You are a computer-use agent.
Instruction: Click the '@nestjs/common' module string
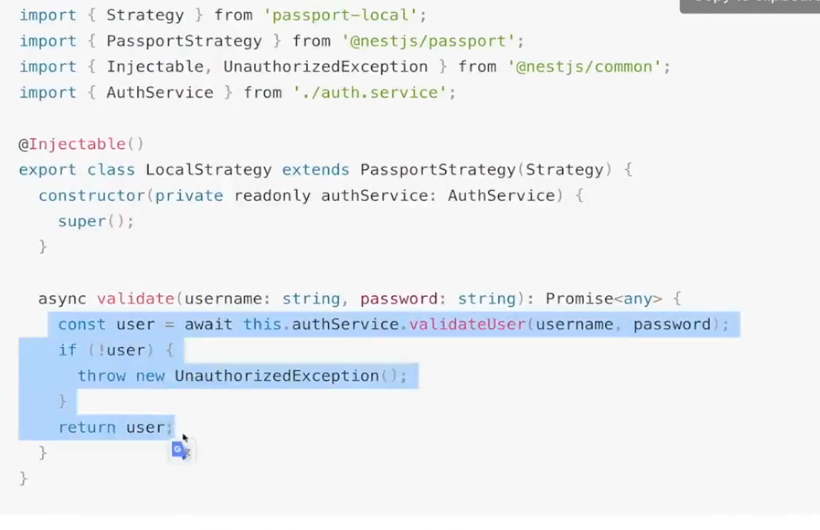click(x=589, y=67)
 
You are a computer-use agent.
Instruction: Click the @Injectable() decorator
click(x=82, y=144)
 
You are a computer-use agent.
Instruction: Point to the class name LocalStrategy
click(x=208, y=170)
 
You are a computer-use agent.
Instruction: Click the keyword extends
click(x=315, y=170)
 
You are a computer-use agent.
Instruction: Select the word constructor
click(x=92, y=195)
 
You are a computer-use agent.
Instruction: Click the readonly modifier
click(x=272, y=195)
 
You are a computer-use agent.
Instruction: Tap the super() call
click(x=96, y=221)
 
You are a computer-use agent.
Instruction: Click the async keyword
click(x=62, y=298)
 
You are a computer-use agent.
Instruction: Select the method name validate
click(x=135, y=298)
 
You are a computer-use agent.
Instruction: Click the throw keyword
click(x=102, y=375)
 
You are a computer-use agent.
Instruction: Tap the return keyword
click(x=87, y=427)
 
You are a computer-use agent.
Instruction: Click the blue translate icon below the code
click(x=180, y=450)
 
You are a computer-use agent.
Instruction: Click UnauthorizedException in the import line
click(x=325, y=67)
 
